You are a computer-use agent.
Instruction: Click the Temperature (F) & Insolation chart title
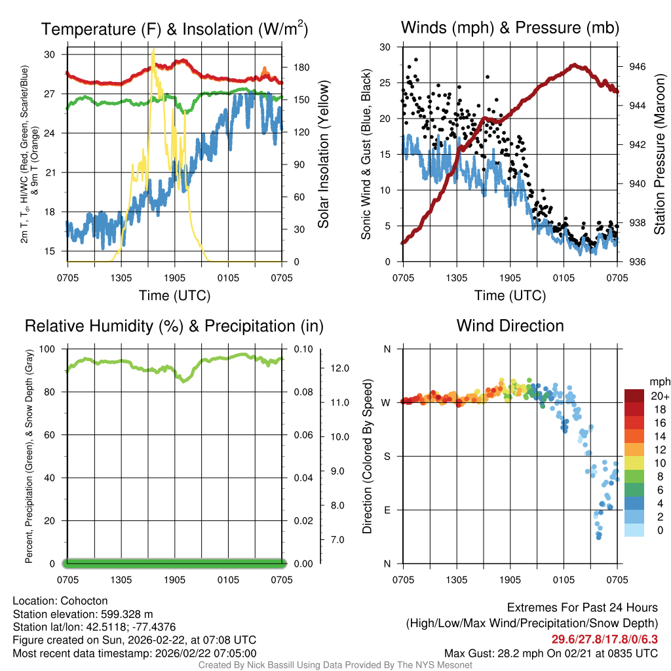point(174,29)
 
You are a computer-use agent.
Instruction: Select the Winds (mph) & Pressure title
point(510,28)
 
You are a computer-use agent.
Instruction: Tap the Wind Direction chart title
point(510,326)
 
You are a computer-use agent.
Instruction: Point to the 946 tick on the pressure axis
point(635,67)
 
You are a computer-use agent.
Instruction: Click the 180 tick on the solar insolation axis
point(294,67)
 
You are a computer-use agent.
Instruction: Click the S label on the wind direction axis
point(387,456)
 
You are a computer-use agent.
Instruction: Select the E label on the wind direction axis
point(387,510)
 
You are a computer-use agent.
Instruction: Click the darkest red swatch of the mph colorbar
point(634,395)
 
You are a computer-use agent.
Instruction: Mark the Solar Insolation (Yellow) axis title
point(323,155)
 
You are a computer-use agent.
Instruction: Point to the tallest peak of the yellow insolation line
point(153,49)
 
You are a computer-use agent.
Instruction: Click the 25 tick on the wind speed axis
point(385,83)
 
